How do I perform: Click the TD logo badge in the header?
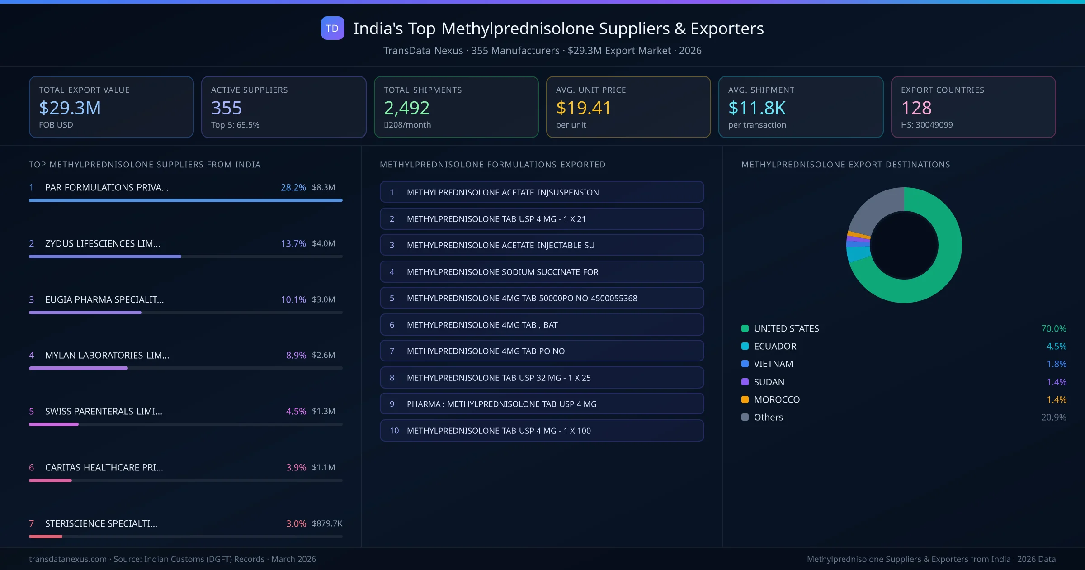[x=332, y=28]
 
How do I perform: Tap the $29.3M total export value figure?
[x=70, y=108]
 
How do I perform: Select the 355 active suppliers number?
[x=226, y=108]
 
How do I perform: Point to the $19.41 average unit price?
[x=583, y=108]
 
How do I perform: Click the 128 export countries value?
[x=916, y=108]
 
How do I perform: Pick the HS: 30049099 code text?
[x=927, y=125]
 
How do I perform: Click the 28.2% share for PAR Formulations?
[x=293, y=187]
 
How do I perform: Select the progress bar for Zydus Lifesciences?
[x=105, y=256]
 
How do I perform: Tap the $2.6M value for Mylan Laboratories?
[x=323, y=355]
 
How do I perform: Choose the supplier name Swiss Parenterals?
[x=104, y=411]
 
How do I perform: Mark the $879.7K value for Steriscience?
[x=327, y=523]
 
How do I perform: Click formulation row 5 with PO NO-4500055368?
[x=542, y=298]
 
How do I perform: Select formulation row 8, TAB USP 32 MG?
[x=542, y=378]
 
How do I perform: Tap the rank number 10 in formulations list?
[x=394, y=431]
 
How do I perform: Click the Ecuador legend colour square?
[x=745, y=346]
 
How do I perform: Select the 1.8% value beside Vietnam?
[x=1056, y=364]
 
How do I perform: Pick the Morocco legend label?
[x=777, y=399]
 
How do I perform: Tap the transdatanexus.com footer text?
[x=68, y=559]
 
